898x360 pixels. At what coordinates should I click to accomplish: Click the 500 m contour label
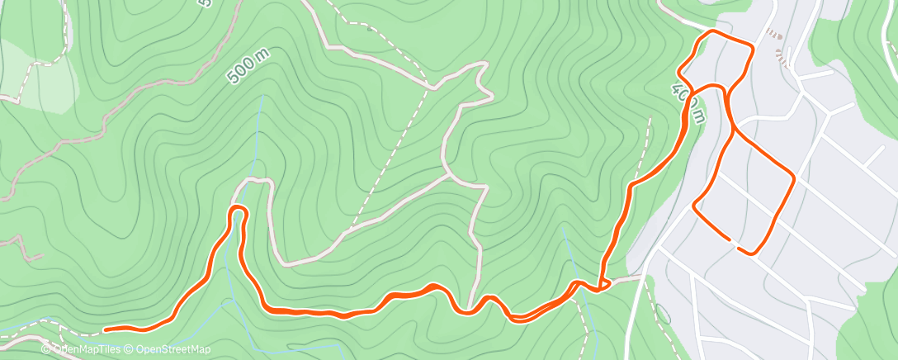pos(248,66)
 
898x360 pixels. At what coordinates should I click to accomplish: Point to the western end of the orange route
pos(106,330)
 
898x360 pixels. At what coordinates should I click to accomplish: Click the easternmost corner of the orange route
pos(794,176)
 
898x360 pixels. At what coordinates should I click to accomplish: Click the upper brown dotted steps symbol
pos(773,34)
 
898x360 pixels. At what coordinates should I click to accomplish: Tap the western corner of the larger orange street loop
pos(695,204)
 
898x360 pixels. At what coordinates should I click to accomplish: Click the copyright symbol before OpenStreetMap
pos(129,349)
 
